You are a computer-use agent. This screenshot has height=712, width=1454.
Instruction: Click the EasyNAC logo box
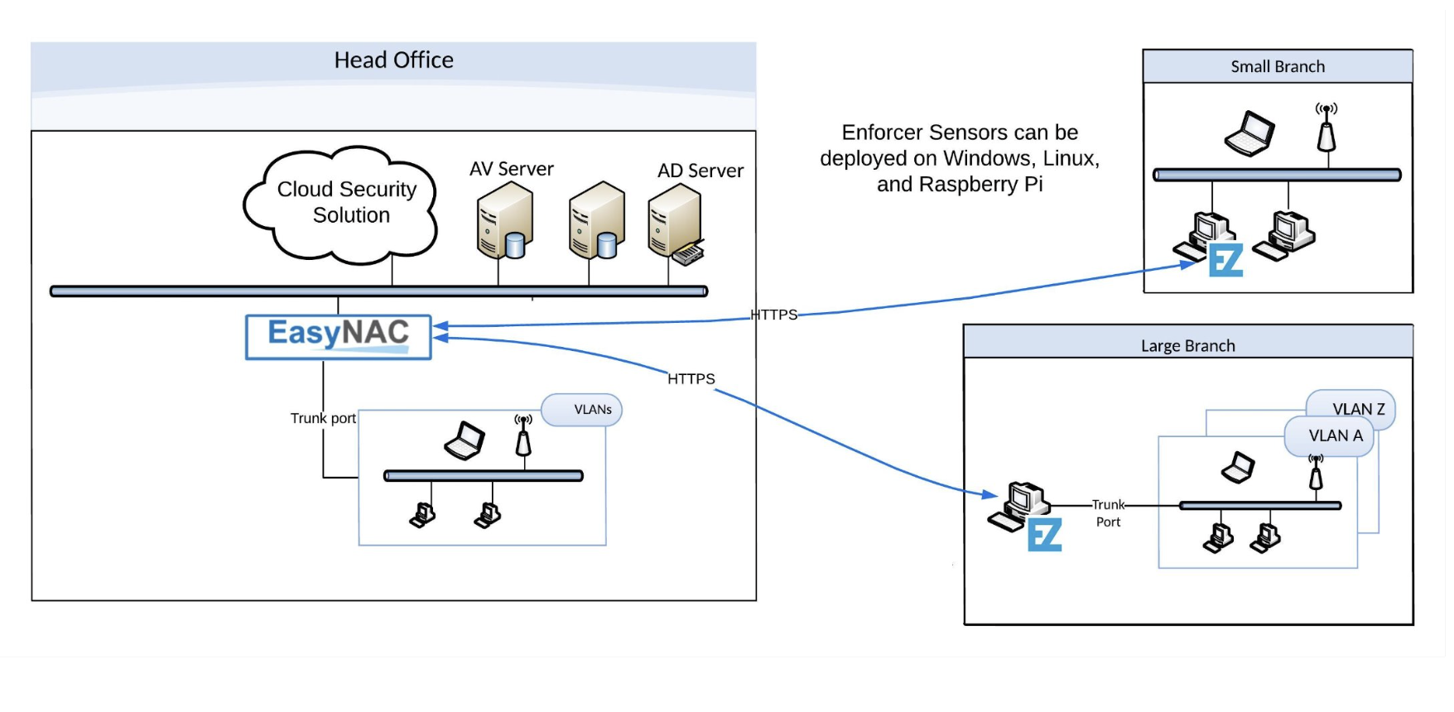tap(338, 336)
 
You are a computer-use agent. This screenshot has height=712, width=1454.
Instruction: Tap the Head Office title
tap(393, 60)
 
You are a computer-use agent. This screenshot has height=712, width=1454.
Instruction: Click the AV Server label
tap(511, 169)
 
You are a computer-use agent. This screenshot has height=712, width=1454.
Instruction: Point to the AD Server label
tap(700, 171)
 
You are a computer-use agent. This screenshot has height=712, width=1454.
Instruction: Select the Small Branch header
tap(1277, 66)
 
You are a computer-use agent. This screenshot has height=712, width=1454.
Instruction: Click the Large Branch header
tap(1187, 345)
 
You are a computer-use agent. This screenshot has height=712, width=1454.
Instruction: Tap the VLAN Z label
tap(1358, 409)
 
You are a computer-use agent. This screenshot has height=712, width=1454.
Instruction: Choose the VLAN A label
tap(1335, 435)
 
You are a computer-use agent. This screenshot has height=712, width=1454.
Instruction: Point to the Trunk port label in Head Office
tap(323, 418)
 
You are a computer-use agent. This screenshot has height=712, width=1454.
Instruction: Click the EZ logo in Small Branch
tap(1225, 260)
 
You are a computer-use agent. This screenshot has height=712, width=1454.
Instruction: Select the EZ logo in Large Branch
tap(1044, 534)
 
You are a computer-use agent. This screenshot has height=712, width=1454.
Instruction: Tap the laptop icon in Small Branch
tap(1249, 133)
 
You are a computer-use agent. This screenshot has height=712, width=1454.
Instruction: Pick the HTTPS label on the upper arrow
tap(773, 315)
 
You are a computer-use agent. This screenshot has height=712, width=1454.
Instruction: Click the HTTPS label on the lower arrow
tap(691, 378)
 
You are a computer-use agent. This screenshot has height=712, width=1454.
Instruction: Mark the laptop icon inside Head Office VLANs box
tap(465, 440)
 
